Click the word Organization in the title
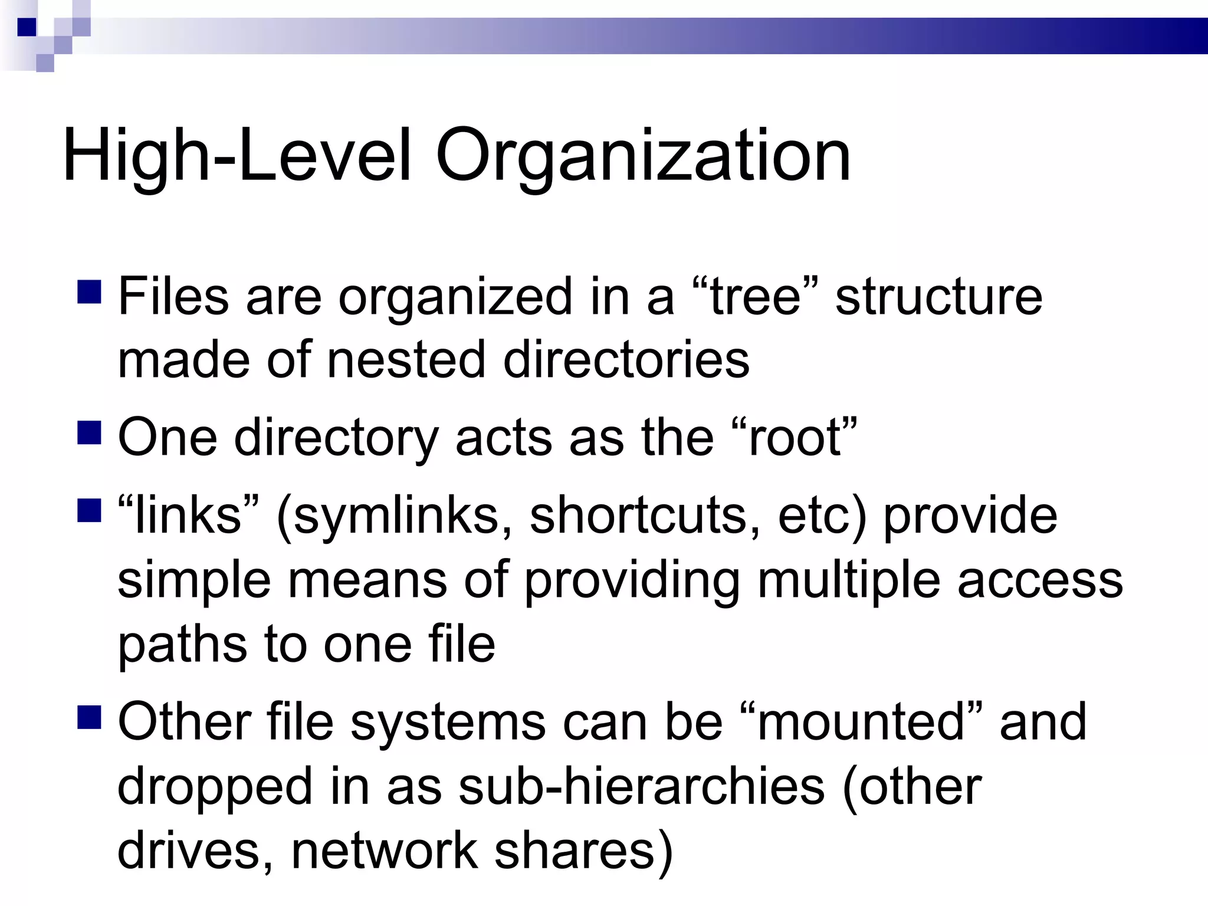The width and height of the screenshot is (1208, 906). click(x=643, y=156)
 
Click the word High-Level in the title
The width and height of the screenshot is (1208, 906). click(x=236, y=156)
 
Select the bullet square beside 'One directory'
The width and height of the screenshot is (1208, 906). click(x=89, y=432)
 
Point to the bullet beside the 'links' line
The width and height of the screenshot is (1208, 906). click(x=89, y=510)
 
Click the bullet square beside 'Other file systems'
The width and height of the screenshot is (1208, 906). click(x=89, y=717)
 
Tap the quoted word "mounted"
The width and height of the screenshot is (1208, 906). click(x=861, y=722)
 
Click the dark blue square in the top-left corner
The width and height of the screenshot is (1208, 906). click(x=27, y=27)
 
